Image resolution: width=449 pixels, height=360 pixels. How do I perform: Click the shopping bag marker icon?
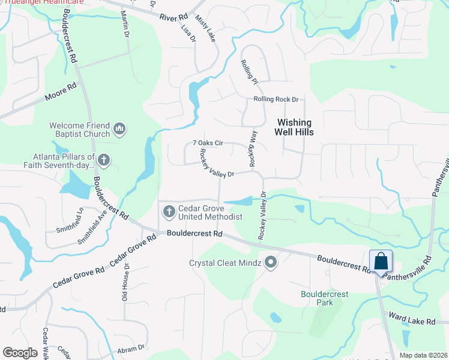tap(381, 262)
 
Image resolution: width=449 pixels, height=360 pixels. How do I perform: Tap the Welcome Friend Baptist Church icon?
tap(119, 129)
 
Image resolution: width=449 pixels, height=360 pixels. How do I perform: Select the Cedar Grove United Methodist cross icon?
tap(169, 211)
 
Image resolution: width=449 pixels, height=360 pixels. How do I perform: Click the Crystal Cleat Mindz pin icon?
tap(271, 262)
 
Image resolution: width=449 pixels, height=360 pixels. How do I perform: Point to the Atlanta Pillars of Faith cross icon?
tap(104, 160)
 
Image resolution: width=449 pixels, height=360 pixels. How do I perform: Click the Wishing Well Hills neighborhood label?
tap(294, 126)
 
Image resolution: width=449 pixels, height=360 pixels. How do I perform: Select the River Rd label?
tap(174, 17)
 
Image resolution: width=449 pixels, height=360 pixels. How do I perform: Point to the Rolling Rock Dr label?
tap(276, 99)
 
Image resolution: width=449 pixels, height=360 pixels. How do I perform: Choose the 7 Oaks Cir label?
tap(207, 143)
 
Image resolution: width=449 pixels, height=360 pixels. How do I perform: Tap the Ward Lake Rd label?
tap(411, 322)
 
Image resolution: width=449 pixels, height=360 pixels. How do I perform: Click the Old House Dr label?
tap(125, 285)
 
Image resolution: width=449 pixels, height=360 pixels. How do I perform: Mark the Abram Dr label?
tap(133, 348)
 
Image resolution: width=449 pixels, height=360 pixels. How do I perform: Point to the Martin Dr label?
tap(125, 23)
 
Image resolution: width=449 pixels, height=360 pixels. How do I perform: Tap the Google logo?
tap(20, 352)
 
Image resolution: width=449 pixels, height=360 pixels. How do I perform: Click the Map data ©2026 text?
tap(416, 355)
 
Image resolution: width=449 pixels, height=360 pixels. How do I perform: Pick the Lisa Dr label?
tap(188, 31)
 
